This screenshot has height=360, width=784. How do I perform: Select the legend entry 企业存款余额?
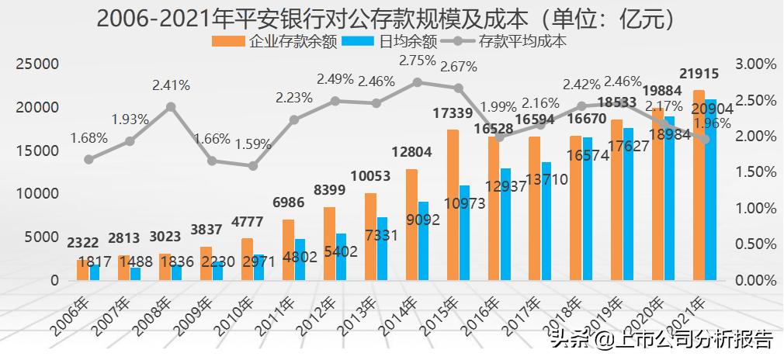tap(284, 41)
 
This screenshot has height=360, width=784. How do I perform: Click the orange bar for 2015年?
tap(453, 205)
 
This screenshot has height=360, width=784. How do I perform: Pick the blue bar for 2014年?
tap(423, 241)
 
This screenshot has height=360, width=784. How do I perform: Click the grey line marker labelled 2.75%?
tap(418, 82)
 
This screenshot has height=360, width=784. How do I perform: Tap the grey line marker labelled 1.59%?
tap(253, 166)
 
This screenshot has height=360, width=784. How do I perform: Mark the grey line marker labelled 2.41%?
tap(171, 107)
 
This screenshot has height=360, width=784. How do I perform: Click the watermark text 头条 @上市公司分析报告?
tap(661, 339)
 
